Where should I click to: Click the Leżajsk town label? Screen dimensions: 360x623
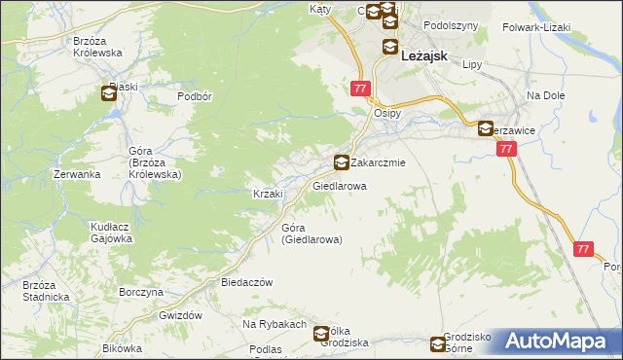(x=423, y=56)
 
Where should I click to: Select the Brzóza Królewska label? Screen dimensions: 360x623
(x=96, y=47)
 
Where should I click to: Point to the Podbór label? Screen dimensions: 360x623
(x=195, y=96)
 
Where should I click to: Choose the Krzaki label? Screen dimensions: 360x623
(x=268, y=194)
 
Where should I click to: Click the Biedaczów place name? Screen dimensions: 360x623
(x=245, y=281)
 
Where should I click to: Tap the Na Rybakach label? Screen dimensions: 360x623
(x=275, y=324)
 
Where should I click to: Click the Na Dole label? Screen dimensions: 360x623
(x=546, y=95)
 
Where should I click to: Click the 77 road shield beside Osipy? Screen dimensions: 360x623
(x=361, y=89)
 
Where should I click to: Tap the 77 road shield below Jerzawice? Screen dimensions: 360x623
(x=505, y=150)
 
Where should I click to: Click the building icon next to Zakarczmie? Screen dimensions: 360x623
(x=341, y=162)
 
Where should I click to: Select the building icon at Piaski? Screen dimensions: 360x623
(x=108, y=94)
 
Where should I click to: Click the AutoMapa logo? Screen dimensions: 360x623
(x=558, y=341)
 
